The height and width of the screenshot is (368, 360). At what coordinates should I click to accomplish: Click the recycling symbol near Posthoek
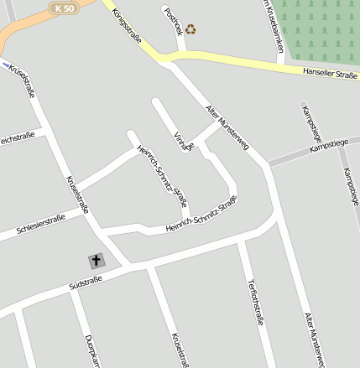191,29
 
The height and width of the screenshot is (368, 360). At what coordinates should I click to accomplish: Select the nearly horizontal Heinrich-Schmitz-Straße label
201,215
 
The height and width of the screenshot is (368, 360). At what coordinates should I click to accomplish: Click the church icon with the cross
97,261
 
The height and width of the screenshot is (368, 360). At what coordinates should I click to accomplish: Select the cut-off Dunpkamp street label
92,351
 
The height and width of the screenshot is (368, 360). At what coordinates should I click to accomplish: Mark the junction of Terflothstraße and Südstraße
243,242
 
